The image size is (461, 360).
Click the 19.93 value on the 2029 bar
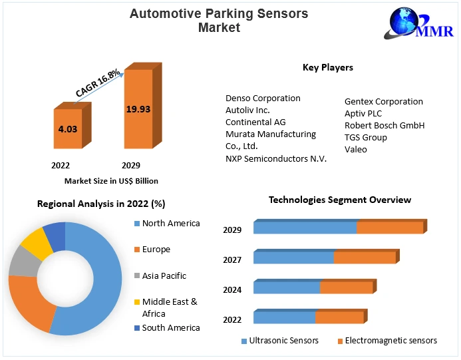coord(138,108)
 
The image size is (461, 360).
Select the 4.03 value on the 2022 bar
coord(68,129)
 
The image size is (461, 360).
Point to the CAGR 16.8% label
coord(98,82)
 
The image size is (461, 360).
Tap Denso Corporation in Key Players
coord(263,98)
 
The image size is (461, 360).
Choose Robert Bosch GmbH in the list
coord(384,125)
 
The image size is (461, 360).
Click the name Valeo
coord(356,149)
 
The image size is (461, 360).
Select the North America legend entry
coord(170,224)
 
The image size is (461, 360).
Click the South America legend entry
coord(170,327)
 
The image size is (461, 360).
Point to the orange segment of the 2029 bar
coord(390,227)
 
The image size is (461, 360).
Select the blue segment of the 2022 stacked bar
coord(284,317)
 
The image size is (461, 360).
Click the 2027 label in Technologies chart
coord(232,260)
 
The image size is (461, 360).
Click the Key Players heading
coord(328,67)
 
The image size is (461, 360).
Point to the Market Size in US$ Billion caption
coord(111,180)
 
